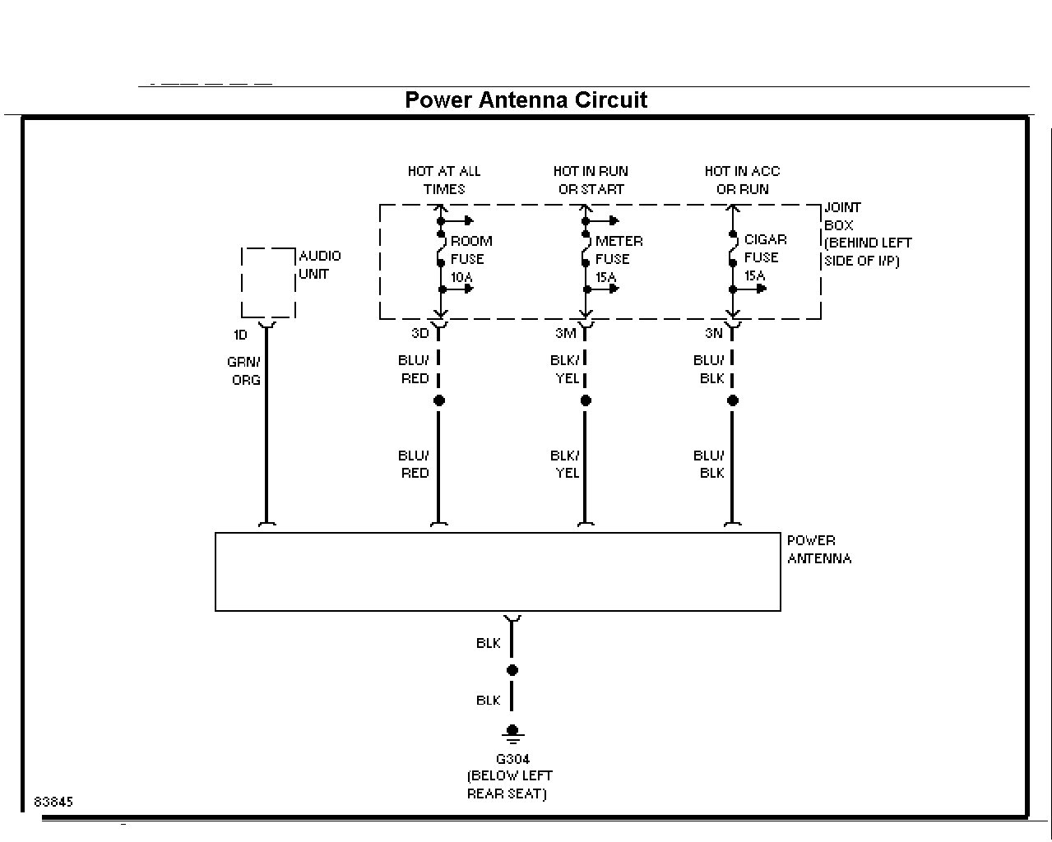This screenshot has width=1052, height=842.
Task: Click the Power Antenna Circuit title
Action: [526, 100]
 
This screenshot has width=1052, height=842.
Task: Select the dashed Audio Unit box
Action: [242, 283]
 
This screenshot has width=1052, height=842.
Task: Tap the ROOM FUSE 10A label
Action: [471, 259]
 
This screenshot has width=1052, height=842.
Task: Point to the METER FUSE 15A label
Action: [619, 259]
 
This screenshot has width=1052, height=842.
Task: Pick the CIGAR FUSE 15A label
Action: [765, 257]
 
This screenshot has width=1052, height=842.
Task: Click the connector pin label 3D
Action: [420, 333]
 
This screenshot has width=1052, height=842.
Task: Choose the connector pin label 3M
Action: [566, 333]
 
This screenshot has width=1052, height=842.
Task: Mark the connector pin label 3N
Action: [714, 333]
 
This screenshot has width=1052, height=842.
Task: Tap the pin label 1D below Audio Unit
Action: [240, 335]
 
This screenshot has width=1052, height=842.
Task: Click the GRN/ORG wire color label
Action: [244, 371]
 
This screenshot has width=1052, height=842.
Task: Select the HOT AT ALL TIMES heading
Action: [444, 180]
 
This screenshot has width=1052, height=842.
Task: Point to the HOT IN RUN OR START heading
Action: [591, 180]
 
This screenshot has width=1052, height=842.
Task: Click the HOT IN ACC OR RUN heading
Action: [742, 180]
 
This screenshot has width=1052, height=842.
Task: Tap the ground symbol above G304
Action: [512, 733]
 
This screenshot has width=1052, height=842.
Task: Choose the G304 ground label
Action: [512, 759]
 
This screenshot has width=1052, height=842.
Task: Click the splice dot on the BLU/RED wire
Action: [439, 400]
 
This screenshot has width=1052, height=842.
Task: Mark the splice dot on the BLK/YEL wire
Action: [586, 400]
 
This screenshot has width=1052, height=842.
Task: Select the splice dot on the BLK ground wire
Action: [512, 670]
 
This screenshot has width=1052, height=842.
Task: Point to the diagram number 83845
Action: [53, 802]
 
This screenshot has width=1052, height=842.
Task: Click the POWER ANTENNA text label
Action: [819, 550]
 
